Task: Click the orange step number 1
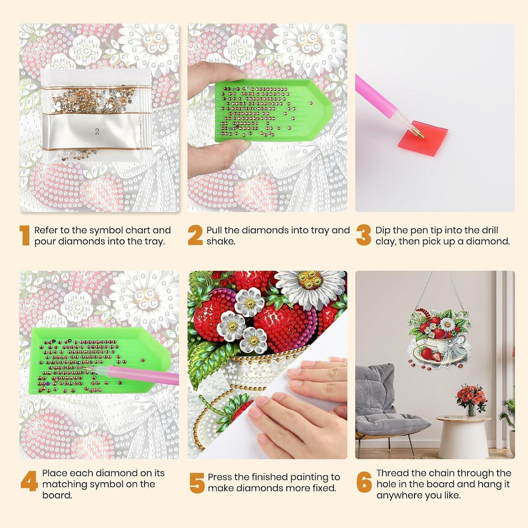point(25,235)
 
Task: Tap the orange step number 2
point(195,235)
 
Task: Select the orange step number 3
point(363,235)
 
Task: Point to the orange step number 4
point(29,481)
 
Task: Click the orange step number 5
point(197,483)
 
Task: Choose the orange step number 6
point(364,481)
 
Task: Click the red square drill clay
point(423,138)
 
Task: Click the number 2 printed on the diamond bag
point(97,132)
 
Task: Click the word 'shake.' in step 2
point(221,242)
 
